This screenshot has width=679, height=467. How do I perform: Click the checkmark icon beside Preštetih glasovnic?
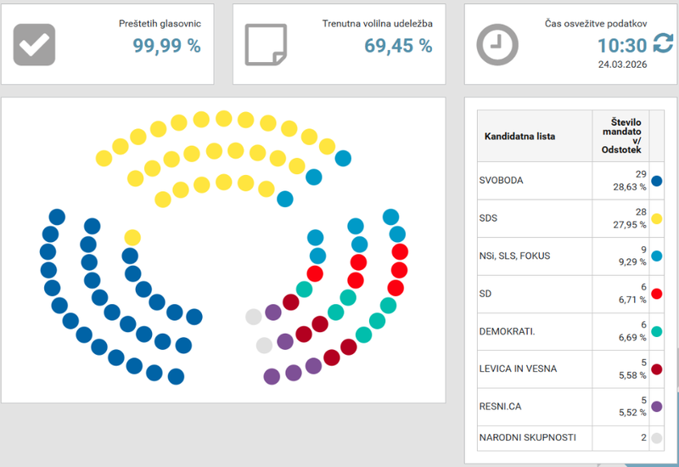point(34,44)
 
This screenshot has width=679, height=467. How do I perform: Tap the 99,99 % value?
point(166,46)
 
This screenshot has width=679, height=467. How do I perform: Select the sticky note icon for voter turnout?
point(266,44)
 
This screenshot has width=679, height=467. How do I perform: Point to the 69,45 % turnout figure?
point(398,46)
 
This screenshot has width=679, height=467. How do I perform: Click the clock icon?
point(497,44)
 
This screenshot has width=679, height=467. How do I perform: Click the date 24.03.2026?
point(622,64)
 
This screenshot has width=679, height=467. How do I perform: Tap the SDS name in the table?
point(488,218)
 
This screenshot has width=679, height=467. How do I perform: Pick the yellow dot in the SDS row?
point(657,218)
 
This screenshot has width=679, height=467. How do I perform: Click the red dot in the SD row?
point(657,294)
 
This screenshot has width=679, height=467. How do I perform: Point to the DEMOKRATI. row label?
point(507,331)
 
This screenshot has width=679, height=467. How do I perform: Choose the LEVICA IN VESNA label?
point(519,369)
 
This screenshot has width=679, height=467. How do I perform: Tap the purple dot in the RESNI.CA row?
point(657,407)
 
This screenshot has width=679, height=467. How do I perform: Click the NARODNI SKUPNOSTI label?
point(527,437)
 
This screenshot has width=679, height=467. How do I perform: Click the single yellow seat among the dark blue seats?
point(132,237)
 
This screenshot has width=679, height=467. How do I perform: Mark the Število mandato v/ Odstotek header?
point(620,136)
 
